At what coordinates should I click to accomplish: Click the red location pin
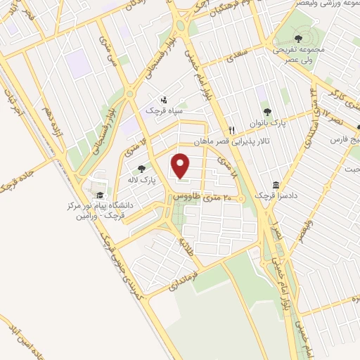(181, 167)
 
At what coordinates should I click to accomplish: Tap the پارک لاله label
(141, 179)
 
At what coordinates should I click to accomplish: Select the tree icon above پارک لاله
(141, 169)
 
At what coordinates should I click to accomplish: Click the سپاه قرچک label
(164, 110)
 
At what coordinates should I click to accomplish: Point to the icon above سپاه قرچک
(164, 100)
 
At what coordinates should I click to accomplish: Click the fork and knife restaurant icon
(231, 130)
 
